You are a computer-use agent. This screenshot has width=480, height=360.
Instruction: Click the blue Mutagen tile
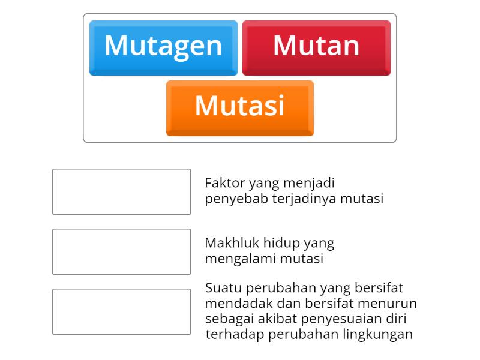point(163,47)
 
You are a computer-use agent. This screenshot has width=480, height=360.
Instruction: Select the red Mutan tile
point(316,47)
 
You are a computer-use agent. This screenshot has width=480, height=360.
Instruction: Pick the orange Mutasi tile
point(239,107)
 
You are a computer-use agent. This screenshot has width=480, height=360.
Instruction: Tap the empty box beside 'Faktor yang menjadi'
point(121,191)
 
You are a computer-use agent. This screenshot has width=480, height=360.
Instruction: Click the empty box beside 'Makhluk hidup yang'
point(121,251)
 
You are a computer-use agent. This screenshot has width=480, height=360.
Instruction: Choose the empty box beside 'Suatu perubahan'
point(121,311)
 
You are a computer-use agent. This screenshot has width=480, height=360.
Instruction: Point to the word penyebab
point(231,199)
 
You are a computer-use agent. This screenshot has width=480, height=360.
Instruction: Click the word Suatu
point(222,287)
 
